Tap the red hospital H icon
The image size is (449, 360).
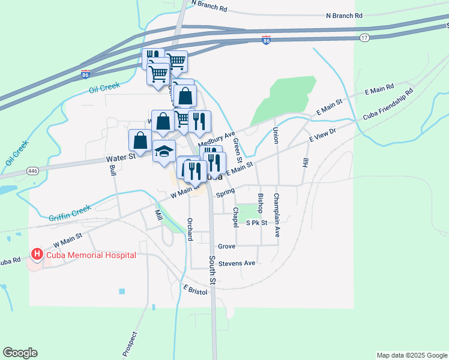point(37,255)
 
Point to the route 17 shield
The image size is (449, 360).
point(364,38)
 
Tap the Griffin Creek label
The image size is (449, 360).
point(70,212)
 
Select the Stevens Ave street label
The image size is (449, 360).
point(237,263)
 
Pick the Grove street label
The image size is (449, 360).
point(226,247)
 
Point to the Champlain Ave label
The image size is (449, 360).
point(277,215)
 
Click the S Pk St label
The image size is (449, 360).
point(256,223)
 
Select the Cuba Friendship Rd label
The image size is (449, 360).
point(388,104)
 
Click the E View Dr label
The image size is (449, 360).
point(322,135)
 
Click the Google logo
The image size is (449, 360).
point(20,353)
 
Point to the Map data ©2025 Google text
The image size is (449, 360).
point(412,355)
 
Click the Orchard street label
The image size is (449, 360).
point(189,229)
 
